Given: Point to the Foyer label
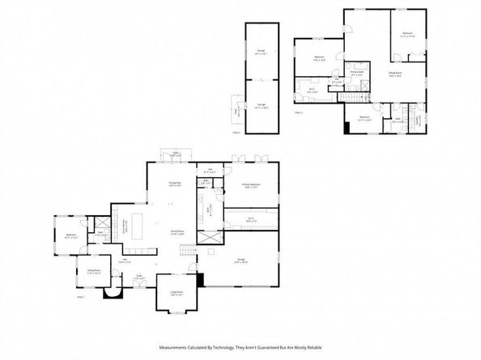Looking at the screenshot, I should [140, 277].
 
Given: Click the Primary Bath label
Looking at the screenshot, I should [356, 72].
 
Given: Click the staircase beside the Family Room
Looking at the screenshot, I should [189, 254].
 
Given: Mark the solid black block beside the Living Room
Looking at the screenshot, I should [201, 281].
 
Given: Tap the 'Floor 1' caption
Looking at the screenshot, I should [81, 297].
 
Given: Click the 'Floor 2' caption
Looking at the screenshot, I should [236, 130].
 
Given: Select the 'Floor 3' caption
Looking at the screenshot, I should [298, 112].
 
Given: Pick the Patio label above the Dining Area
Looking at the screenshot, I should [177, 153].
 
